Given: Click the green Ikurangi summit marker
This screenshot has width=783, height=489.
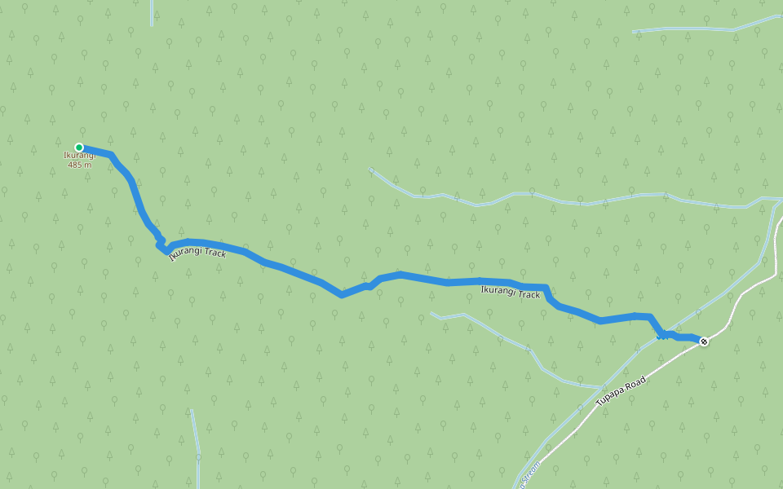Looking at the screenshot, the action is point(79,148).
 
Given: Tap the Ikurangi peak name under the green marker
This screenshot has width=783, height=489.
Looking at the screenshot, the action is point(80,156).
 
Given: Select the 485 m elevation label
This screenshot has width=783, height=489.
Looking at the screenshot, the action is point(80,165).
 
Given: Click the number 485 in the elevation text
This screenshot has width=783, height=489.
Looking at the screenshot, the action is point(76,165).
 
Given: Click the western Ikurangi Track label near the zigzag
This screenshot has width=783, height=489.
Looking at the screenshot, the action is point(197,253).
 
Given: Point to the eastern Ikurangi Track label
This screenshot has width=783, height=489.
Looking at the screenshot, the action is point(511,293).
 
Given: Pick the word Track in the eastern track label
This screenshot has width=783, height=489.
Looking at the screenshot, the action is point(529,294).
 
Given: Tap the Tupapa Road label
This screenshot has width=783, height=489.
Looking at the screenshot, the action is point(621,392).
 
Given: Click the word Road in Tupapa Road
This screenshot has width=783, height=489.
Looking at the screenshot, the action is point(635,382).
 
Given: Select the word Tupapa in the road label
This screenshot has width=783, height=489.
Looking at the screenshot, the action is point(611,398).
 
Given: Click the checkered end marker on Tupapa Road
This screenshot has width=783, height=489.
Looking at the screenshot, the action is point(704,341).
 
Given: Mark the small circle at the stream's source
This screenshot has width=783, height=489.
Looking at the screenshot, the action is point(371,170).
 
